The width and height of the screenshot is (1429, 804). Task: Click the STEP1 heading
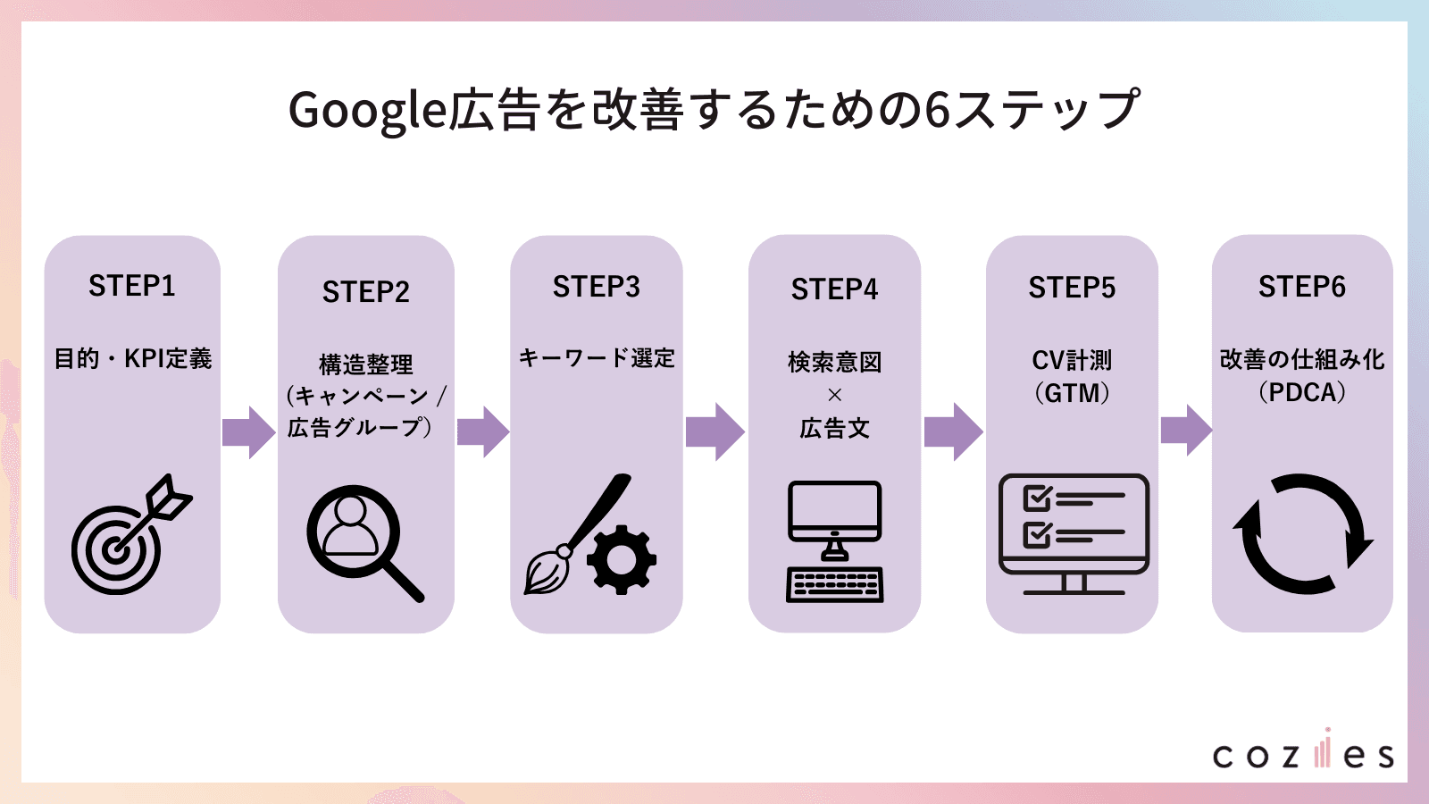tap(132, 286)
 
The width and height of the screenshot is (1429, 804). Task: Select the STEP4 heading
tap(834, 289)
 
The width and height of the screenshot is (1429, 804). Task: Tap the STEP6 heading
tap(1301, 287)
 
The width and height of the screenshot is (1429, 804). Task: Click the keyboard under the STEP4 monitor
tap(834, 585)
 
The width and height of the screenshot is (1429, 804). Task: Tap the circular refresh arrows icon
tap(1302, 534)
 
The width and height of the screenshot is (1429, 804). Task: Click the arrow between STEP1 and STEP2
tap(248, 432)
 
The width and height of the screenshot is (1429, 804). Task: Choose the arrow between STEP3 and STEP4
tap(714, 431)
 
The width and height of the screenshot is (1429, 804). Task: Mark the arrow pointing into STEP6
tap(1186, 430)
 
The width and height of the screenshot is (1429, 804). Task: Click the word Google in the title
tap(367, 111)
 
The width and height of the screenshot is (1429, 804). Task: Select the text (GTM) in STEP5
tap(1072, 393)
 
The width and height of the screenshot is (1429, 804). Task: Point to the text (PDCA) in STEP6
tap(1301, 392)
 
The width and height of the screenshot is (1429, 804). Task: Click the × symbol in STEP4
tap(834, 395)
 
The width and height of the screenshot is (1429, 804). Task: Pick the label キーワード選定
tap(597, 358)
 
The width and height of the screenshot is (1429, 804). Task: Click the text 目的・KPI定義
tap(132, 359)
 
